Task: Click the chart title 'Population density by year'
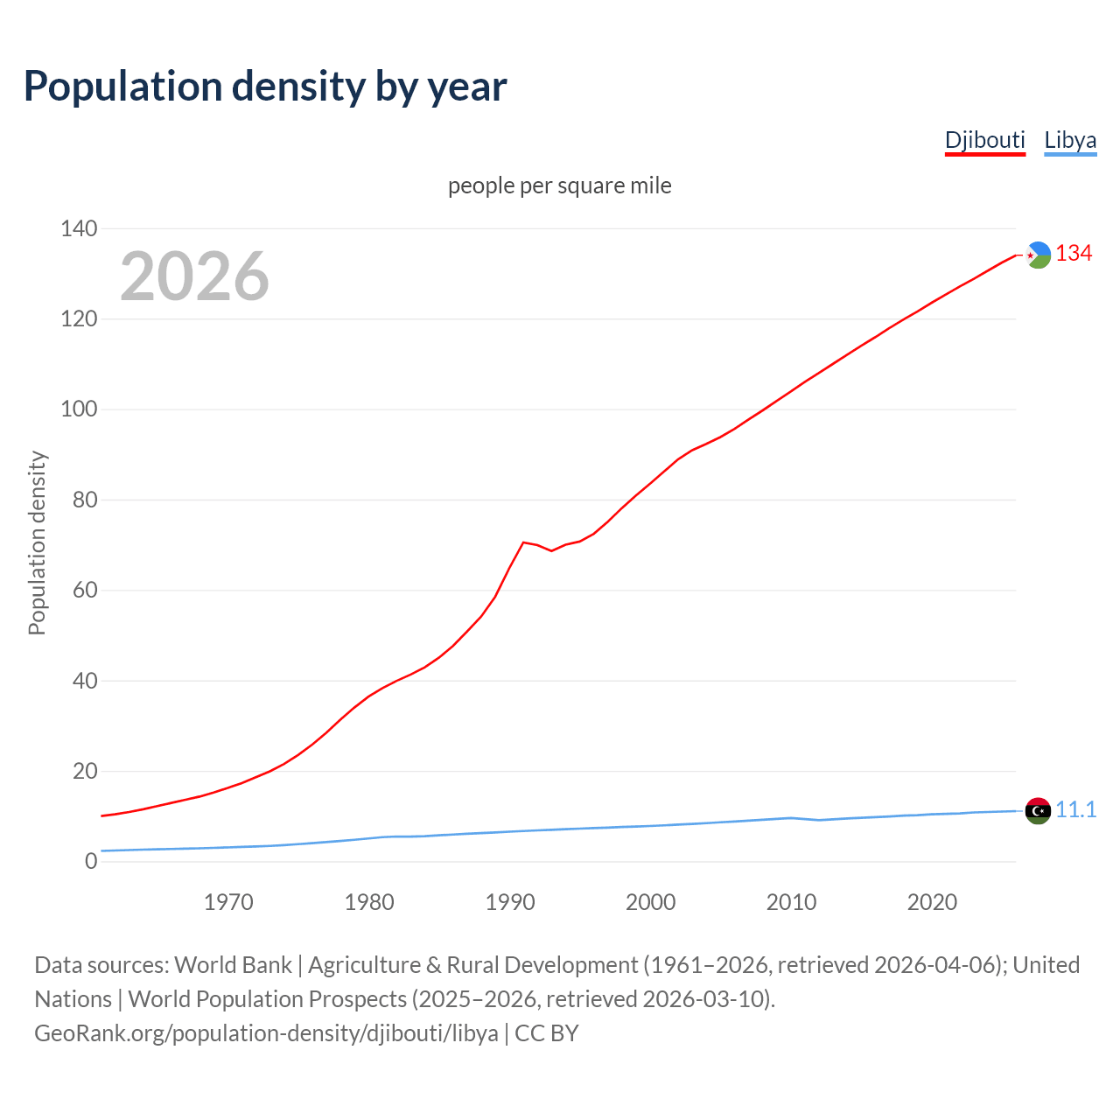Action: [x=265, y=87]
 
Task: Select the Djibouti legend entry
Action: [x=984, y=140]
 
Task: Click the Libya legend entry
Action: [x=1070, y=140]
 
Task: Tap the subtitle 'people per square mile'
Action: [x=560, y=186]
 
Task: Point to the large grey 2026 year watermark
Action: [x=194, y=276]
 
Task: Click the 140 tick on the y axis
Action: [x=79, y=229]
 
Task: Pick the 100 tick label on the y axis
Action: [x=79, y=409]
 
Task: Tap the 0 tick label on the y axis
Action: [x=91, y=862]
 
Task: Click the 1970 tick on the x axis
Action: [x=228, y=902]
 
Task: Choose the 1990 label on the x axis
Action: [x=510, y=902]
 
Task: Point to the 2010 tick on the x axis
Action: [x=791, y=902]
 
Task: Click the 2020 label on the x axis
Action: [x=932, y=902]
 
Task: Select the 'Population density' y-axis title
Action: [x=37, y=542]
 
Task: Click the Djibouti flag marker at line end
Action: [x=1038, y=255]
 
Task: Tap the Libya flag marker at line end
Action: [x=1038, y=811]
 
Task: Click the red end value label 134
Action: [x=1074, y=254]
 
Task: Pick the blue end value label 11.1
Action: [x=1075, y=810]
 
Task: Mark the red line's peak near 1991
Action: [x=523, y=542]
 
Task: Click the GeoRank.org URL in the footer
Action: [x=266, y=1033]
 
